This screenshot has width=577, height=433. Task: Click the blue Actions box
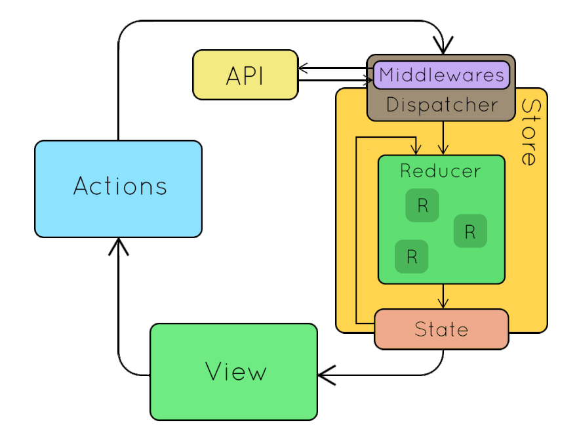point(118,188)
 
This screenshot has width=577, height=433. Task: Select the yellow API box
point(245,75)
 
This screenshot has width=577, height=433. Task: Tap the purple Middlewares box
point(441,75)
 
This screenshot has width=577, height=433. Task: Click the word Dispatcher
point(441,105)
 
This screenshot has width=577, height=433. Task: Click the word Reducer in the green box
point(441,172)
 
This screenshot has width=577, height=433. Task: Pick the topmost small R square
point(422,205)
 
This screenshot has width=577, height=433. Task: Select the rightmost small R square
point(470,231)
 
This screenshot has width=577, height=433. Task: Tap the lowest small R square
point(411,257)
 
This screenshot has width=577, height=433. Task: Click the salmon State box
point(441,329)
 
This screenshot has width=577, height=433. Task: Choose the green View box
point(233,372)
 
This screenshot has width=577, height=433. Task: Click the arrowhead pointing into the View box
point(324,375)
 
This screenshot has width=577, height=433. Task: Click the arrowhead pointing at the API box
point(303,68)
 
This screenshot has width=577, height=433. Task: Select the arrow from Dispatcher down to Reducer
point(444,138)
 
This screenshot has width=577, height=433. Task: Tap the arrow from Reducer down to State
point(444,297)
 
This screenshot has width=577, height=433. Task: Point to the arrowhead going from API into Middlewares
point(368,81)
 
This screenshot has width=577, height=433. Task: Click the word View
point(236,372)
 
